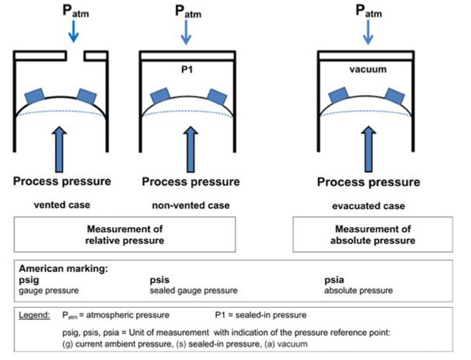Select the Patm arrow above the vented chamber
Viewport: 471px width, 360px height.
(72, 31)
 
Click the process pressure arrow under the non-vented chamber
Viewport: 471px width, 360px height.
(185, 148)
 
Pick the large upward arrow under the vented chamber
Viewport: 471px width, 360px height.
(65, 148)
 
